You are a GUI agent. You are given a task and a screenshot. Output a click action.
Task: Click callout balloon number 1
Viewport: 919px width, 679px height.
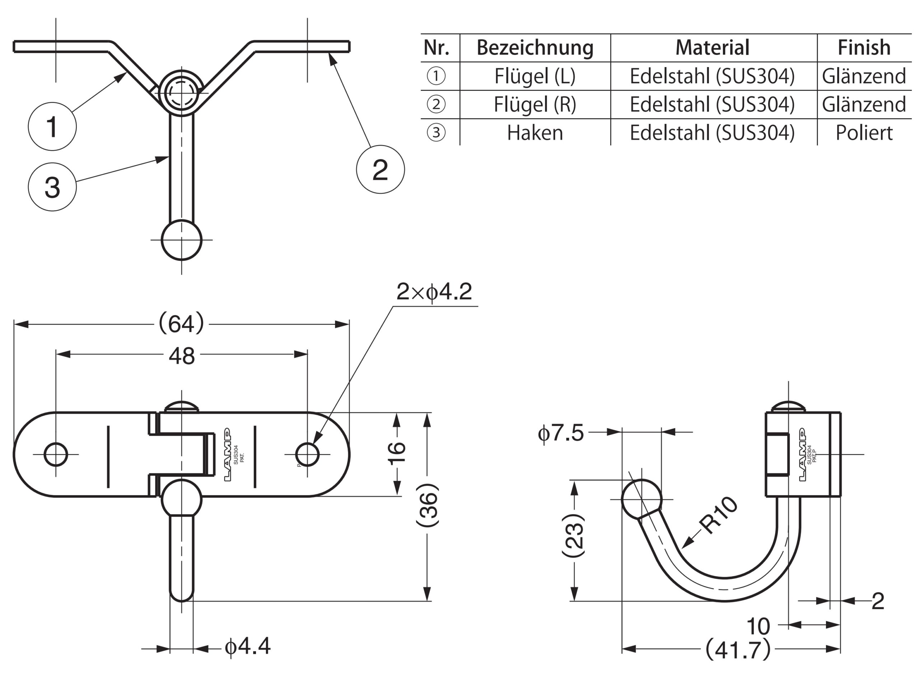pos(52,126)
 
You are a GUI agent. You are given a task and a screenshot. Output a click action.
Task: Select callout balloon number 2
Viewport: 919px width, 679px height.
pos(381,169)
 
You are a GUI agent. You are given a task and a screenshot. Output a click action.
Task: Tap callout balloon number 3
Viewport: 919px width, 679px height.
pos(52,187)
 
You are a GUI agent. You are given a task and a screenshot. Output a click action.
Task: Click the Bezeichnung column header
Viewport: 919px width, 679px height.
pos(535,48)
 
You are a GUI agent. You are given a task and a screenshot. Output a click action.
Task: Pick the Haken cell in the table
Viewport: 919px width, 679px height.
pos(535,133)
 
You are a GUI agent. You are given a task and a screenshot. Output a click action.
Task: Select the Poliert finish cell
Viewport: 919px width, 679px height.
pos(864,133)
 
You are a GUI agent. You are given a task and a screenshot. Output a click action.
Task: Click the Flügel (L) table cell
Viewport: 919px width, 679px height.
pos(535,76)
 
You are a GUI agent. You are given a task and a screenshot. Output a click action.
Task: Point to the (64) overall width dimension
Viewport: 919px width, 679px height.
pos(181,323)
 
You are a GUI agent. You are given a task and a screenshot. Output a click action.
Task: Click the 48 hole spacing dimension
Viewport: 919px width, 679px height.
pos(182,356)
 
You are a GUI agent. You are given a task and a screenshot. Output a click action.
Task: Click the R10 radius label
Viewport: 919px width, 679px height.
pos(718,515)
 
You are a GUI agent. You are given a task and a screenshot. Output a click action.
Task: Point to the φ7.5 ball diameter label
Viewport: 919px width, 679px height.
pos(561,433)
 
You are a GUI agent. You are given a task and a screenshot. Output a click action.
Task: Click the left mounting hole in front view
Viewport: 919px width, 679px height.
pos(56,454)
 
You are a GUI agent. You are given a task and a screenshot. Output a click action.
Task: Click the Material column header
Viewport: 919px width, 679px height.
pos(713,48)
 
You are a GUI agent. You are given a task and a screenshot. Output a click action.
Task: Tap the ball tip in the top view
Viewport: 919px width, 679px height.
pos(182,240)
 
